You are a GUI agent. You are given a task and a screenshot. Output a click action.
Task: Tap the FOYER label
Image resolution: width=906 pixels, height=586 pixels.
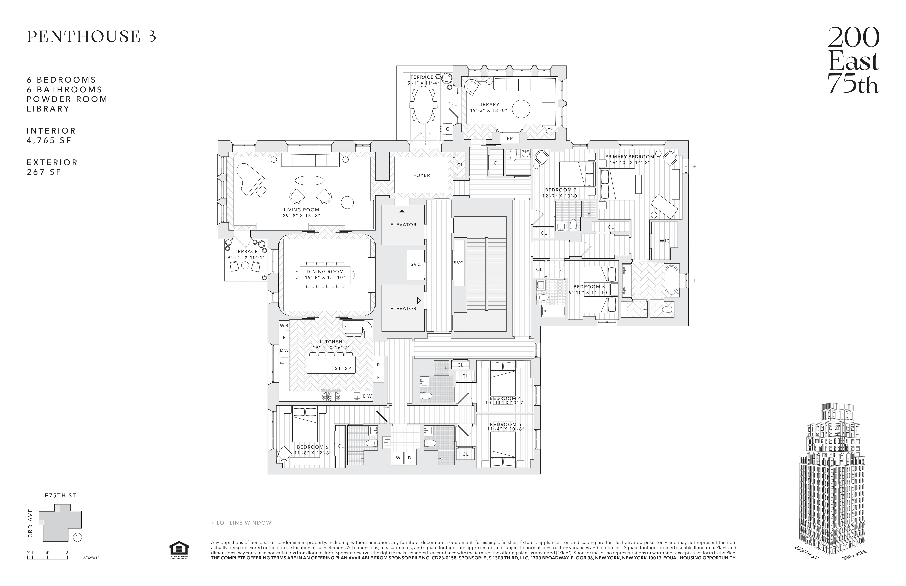pyautogui.click(x=421, y=175)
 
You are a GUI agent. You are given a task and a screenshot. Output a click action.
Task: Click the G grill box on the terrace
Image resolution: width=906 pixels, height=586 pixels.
pyautogui.click(x=447, y=129)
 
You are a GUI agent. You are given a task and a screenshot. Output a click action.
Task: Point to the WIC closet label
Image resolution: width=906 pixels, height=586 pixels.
pyautogui.click(x=664, y=241)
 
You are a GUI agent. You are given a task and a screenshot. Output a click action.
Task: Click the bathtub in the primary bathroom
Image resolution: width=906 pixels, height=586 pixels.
pyautogui.click(x=672, y=281)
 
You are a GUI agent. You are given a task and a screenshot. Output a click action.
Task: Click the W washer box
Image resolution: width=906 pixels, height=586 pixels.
pyautogui.click(x=398, y=458)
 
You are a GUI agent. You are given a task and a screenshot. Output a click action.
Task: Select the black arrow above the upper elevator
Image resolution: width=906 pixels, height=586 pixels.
pyautogui.click(x=402, y=210)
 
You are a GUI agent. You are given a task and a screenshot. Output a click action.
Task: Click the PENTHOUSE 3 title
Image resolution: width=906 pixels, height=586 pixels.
pyautogui.click(x=91, y=37)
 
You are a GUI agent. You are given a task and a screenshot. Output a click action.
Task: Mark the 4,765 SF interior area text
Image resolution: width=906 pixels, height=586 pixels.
pyautogui.click(x=49, y=140)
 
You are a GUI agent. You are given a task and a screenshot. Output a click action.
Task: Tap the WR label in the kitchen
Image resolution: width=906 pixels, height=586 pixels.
pyautogui.click(x=284, y=326)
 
